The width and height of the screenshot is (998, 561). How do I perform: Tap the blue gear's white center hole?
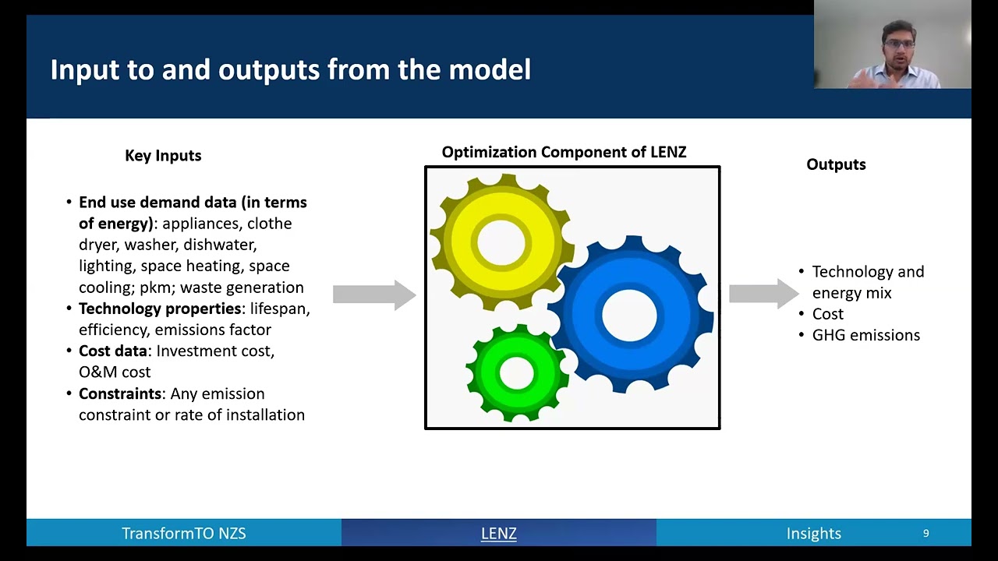coord(629,316)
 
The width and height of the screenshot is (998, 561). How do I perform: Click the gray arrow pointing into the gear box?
coord(374,295)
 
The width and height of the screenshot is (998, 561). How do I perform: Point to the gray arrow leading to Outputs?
coord(763,294)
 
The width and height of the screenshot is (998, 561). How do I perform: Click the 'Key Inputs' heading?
coord(163,156)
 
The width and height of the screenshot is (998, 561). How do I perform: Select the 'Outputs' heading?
coord(836,164)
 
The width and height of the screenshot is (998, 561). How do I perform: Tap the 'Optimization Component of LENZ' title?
coord(564,152)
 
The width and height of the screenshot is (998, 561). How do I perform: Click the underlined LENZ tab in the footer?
coord(498,534)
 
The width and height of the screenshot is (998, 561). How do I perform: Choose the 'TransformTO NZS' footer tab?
coord(183,534)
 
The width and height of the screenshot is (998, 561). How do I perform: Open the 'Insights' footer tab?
coord(813,534)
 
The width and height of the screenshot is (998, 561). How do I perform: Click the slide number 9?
coord(925,534)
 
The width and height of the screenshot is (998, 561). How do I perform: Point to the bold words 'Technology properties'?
coord(160,309)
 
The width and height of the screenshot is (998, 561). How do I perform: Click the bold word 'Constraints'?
coord(120,393)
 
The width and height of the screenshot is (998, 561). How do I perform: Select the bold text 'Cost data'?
coord(113,351)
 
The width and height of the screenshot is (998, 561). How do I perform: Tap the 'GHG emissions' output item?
coord(865,335)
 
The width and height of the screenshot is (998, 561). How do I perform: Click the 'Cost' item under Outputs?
coord(828,314)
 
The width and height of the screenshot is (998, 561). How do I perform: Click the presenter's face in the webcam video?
coord(899,48)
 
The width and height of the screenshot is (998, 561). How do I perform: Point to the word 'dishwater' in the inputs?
coord(220,245)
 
